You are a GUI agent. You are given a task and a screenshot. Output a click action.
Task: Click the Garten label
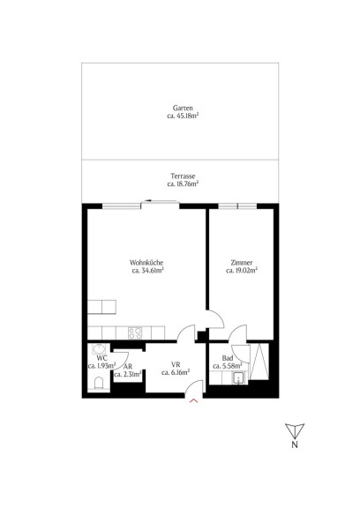pos(183,108)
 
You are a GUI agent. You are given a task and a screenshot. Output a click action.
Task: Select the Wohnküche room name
pos(146,263)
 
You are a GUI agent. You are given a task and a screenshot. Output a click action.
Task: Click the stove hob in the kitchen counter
pos(135,333)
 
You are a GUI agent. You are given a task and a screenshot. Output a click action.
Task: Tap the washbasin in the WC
pos(98,349)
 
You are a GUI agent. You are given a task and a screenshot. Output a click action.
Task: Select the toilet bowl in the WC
pos(99,383)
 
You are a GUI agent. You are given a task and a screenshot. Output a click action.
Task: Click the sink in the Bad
pos(238,377)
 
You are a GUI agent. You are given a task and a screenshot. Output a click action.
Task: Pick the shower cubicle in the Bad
pos(259,362)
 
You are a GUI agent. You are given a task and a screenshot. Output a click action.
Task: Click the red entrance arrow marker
pos(193,401)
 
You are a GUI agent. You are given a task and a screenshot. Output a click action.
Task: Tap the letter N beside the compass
pos(295,444)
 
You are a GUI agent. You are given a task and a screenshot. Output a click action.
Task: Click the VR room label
pos(176,364)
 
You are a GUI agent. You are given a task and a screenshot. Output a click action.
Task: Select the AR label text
pos(128,366)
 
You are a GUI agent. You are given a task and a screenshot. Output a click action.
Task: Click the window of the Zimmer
pos(237,206)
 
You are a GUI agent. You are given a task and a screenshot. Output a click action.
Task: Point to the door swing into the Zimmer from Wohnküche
pos(216,319)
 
